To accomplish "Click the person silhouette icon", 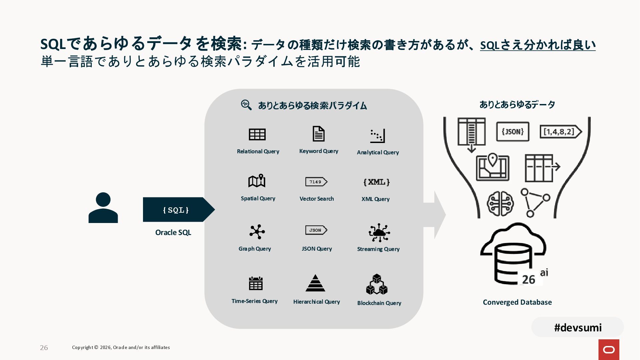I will [103, 208].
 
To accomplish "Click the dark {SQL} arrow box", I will [176, 210].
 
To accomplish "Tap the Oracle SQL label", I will [173, 232].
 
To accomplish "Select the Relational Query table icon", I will [257, 134].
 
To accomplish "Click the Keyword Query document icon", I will [318, 134].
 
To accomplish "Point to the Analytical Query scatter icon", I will [377, 136].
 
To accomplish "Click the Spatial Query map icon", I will [257, 181].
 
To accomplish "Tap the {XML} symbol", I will [376, 182].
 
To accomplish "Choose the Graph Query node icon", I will [257, 232].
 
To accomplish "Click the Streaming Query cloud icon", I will [379, 233].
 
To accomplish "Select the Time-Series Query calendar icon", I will [256, 283].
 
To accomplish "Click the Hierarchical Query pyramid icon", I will [315, 283].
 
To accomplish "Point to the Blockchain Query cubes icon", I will [377, 284].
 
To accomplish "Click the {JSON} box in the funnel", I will [513, 132].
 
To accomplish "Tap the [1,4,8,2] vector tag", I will [560, 132].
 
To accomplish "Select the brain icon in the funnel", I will [500, 203].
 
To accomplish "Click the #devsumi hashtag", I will [578, 327].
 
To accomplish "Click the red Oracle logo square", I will [609, 349].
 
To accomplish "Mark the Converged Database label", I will [517, 302].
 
